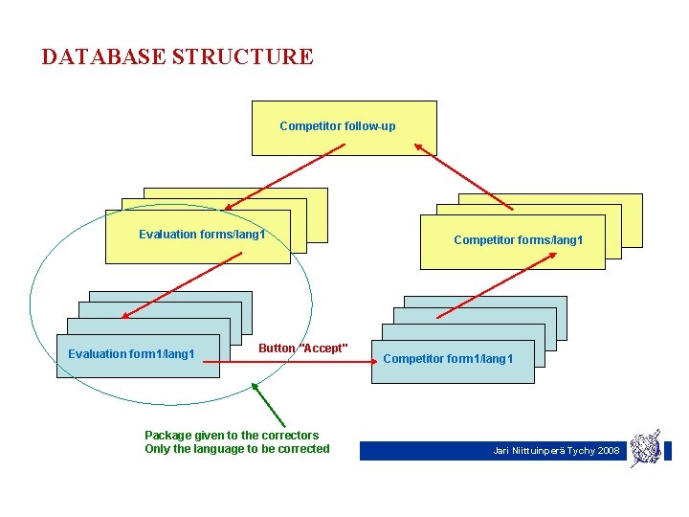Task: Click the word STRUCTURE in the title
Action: click(x=242, y=56)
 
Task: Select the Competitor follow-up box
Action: click(x=344, y=128)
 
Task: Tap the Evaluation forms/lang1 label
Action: click(x=202, y=235)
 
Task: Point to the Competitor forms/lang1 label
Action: click(x=518, y=240)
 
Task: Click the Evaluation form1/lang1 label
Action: click(x=131, y=354)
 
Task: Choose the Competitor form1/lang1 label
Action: click(x=448, y=359)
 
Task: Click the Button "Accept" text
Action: click(x=303, y=348)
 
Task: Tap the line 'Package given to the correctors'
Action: click(x=232, y=435)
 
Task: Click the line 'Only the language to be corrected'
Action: click(x=236, y=449)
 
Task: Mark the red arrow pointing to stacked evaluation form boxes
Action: click(x=161, y=285)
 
